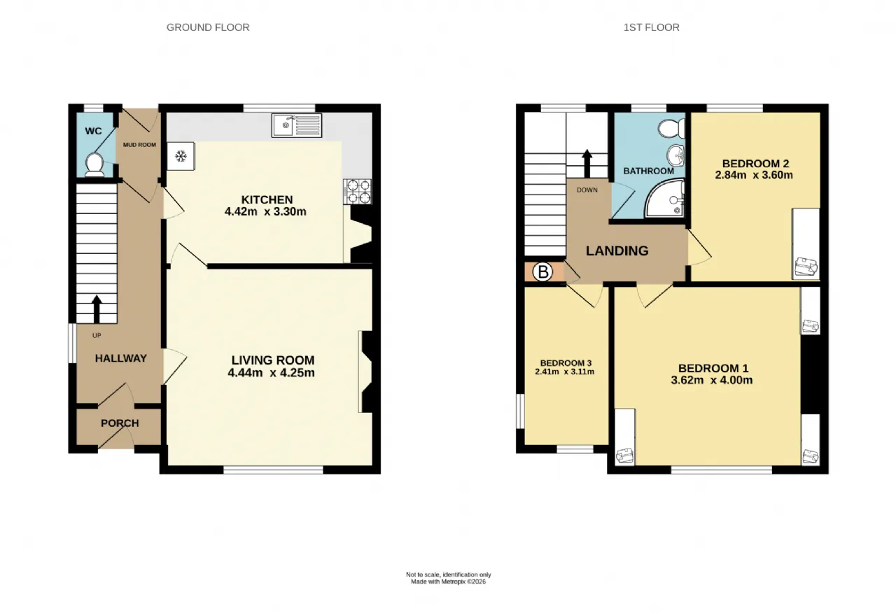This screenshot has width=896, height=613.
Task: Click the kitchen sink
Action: tap(296, 125)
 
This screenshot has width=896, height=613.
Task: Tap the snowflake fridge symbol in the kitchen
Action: tap(181, 156)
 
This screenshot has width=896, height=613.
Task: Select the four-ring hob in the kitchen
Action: tap(358, 192)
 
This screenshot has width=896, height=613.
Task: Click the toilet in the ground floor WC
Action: tap(94, 165)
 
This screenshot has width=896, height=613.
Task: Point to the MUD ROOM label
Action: tap(139, 145)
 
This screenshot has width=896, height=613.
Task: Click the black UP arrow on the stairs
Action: tap(97, 309)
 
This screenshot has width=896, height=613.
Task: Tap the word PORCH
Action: tap(120, 423)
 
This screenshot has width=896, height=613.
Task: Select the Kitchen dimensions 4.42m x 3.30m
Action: tap(265, 211)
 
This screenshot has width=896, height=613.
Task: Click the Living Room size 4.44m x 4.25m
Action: tap(271, 373)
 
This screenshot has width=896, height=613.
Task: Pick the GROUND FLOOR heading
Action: tap(208, 27)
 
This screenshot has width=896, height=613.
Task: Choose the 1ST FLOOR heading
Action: tap(652, 27)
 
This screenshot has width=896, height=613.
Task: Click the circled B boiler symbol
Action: tap(542, 272)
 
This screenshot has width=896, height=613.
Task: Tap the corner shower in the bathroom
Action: tap(664, 198)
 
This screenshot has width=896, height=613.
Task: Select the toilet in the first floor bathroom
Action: tap(671, 129)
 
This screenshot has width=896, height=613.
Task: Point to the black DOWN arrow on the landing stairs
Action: tap(587, 164)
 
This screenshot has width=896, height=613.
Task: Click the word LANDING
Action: tap(617, 251)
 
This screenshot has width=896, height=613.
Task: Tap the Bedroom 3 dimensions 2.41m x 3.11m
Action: tap(565, 372)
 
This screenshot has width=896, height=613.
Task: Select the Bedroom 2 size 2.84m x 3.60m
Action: tap(754, 175)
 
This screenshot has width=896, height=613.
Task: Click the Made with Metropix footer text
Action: tap(449, 582)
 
